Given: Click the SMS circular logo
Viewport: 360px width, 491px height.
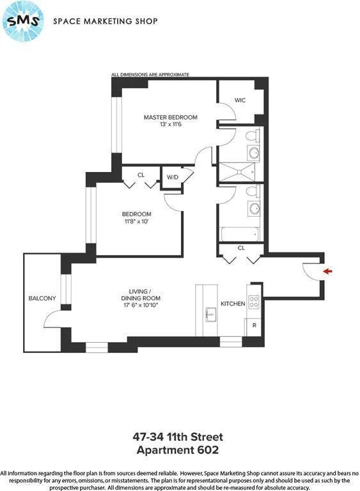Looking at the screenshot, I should pos(23,22).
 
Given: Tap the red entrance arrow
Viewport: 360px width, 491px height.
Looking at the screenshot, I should pos(328,271).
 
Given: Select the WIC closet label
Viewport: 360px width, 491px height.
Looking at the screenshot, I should pos(240,100).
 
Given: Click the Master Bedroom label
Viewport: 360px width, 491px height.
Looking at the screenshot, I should pos(170,117).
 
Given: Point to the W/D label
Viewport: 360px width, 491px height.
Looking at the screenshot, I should pos(172,177).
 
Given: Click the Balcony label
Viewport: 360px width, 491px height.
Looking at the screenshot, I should pos(42,299).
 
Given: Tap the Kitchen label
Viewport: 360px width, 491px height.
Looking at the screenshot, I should pos(233,304).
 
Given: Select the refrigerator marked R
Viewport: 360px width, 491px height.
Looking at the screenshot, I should pos(254,325).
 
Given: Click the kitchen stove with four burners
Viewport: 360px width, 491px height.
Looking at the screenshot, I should pos(254,301).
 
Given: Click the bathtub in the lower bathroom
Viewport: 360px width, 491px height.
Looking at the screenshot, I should pos(240,235).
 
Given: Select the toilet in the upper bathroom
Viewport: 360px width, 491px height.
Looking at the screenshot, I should pos(253,136).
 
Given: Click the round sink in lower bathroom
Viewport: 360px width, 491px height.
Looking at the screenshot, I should pos(253,208).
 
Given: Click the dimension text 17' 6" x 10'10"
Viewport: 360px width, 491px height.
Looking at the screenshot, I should pos(141,306).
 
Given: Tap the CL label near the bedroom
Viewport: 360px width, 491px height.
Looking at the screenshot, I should pos(141,175).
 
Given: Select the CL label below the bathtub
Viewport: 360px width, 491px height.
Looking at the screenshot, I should pos(241,247).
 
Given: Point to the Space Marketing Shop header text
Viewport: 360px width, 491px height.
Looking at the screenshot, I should pos(105,21).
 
